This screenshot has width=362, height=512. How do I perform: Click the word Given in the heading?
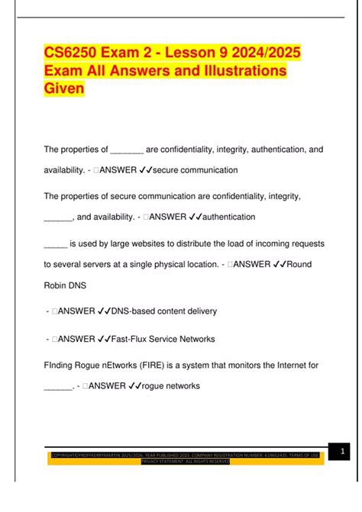point(64,89)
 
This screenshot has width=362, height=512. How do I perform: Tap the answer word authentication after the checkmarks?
point(220,217)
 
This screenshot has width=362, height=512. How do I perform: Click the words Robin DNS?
point(65,285)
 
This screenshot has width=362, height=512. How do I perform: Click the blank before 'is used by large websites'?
point(55,243)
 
